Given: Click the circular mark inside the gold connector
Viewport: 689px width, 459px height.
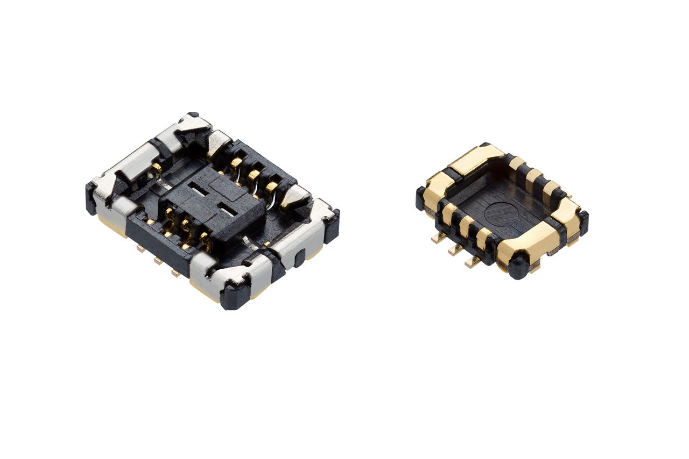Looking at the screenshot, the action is (501, 213).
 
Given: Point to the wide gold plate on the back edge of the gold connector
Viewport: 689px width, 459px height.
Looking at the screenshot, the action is (476, 159).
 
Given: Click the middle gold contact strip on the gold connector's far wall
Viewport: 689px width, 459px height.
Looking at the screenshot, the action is (534, 177).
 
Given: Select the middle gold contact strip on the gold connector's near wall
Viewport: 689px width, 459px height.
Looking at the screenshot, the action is (466, 225).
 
